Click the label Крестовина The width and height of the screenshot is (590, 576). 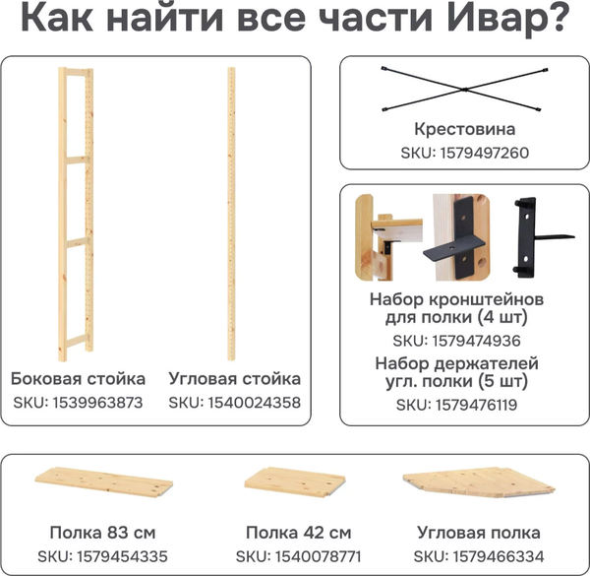464,130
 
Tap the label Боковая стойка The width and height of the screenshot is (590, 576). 78,378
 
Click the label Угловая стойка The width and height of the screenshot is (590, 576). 234,378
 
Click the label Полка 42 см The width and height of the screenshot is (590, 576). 298,534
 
